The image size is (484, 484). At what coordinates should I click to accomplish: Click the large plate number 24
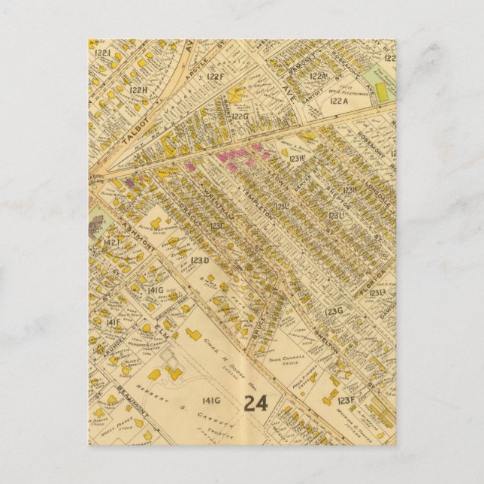tap(256, 403)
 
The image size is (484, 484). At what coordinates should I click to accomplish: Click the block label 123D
tap(199, 260)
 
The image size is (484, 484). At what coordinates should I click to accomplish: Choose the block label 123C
tap(218, 224)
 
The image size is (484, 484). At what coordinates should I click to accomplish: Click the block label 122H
tap(139, 89)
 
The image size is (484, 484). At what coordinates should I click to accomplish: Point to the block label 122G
tap(240, 116)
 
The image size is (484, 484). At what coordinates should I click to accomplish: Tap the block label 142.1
tap(113, 243)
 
